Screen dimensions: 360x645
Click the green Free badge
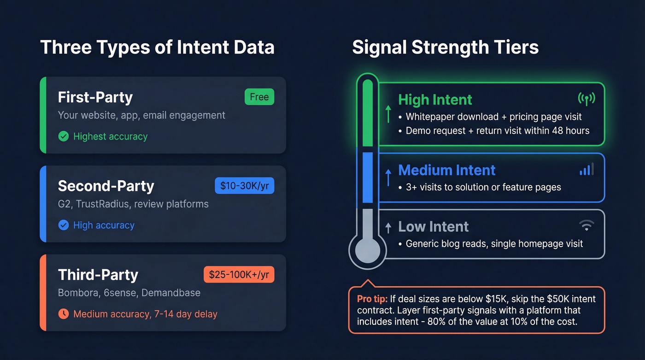tap(259, 97)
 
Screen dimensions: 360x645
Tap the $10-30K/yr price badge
tap(244, 186)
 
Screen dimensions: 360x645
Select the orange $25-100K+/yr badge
tap(239, 275)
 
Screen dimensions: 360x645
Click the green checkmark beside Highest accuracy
tap(64, 136)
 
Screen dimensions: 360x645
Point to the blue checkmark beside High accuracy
tap(64, 225)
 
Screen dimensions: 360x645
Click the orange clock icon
tap(64, 314)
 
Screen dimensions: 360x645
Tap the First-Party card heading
tap(95, 97)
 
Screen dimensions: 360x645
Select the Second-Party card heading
tap(106, 186)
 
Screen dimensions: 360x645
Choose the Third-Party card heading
tap(98, 275)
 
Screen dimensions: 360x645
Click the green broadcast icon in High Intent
tap(586, 98)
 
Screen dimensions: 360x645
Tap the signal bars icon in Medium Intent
tap(586, 169)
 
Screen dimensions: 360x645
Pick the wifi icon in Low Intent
tap(586, 225)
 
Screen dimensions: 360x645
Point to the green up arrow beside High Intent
tap(388, 113)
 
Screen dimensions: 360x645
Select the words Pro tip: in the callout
tap(372, 299)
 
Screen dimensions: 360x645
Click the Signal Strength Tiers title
tap(445, 47)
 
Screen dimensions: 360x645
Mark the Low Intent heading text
tap(433, 227)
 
